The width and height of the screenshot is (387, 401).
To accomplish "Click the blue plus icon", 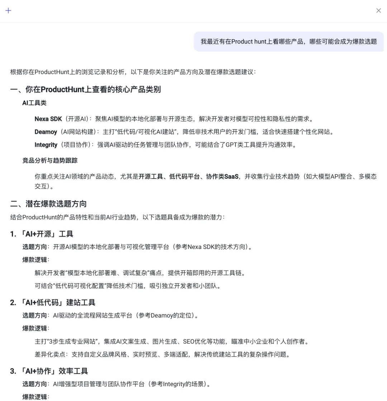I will tap(9, 10).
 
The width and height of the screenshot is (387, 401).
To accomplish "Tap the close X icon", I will tap(378, 10).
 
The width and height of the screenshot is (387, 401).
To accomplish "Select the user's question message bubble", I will tap(288, 42).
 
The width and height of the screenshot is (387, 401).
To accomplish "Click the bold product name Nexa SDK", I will tap(48, 119).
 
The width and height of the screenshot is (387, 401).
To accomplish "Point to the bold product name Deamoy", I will tap(46, 132).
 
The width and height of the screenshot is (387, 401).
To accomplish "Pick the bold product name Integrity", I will tap(46, 145).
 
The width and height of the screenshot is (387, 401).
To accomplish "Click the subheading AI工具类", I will tap(34, 103).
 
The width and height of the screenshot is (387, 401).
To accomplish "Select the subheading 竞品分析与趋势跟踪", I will tap(50, 161).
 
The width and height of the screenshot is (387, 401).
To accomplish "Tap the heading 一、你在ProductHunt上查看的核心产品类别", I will tap(85, 89).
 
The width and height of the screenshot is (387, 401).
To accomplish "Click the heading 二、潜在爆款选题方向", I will tap(48, 204).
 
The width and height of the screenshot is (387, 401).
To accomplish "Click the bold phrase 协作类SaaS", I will tap(222, 176).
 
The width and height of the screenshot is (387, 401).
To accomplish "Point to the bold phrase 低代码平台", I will tap(184, 176).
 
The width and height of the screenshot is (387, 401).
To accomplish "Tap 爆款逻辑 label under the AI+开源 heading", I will tap(34, 260).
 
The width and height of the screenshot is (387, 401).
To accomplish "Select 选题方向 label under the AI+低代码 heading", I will tap(34, 315).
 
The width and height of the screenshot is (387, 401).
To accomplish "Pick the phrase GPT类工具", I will tap(241, 145).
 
